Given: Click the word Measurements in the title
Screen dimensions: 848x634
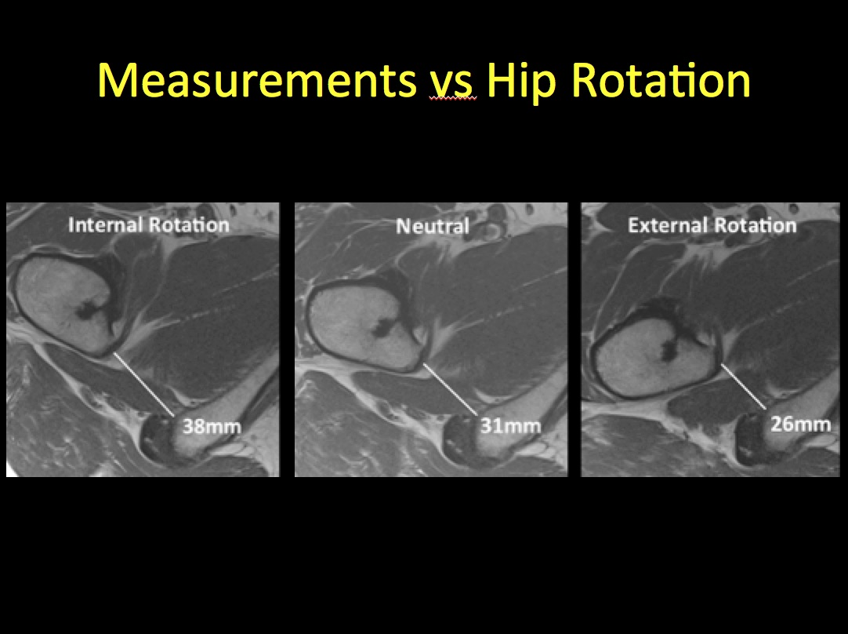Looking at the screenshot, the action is (x=257, y=80).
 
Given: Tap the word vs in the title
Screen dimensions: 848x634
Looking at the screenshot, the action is (x=453, y=84).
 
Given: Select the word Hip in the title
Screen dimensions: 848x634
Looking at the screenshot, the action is (x=521, y=82).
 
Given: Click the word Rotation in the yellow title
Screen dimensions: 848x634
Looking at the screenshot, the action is (x=661, y=80).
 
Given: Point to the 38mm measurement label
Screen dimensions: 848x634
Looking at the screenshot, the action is (x=212, y=427).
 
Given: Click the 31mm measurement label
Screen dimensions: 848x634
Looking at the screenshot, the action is (x=510, y=426).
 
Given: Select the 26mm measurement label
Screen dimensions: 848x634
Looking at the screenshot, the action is (x=800, y=424).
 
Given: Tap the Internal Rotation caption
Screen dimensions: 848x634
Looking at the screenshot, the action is (x=149, y=224).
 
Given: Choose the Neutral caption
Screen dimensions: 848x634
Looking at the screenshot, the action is (x=433, y=226).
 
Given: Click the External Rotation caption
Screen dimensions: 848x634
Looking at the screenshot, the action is (x=712, y=225).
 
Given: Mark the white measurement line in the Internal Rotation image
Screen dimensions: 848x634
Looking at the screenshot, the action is (x=143, y=384).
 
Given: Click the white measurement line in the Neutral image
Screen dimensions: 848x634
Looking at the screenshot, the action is (x=450, y=389).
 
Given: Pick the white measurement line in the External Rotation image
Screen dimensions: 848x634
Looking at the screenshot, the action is (x=744, y=387).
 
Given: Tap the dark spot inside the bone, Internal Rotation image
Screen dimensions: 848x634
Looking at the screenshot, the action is (x=88, y=309).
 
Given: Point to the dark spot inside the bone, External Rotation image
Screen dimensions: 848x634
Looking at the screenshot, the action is (x=669, y=348).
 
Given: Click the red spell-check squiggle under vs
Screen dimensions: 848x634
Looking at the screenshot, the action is (x=453, y=99).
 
